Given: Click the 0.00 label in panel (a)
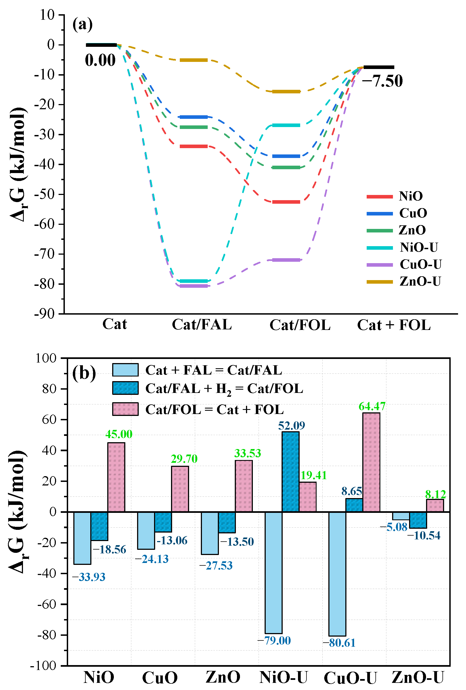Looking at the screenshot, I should (100, 60).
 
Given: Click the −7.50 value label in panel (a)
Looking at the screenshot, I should (382, 81).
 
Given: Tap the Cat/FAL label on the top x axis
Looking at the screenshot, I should (202, 324).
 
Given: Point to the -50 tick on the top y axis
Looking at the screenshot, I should (45, 194).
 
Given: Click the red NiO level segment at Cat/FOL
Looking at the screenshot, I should (286, 202).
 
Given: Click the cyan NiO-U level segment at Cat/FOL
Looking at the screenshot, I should (286, 125).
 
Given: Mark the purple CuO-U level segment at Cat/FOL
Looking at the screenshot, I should (286, 260).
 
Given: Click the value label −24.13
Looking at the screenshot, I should (152, 559).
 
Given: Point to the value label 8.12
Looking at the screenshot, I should (435, 494).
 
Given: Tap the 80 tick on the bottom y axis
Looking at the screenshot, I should (49, 389).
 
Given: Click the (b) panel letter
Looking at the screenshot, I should (84, 373).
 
